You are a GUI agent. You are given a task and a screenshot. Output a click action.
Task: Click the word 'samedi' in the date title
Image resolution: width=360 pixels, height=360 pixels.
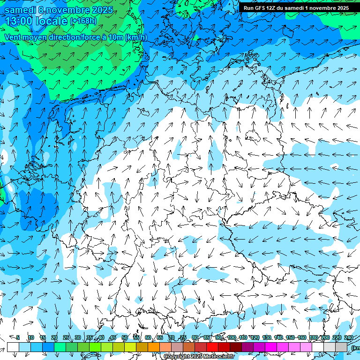pos(21,10)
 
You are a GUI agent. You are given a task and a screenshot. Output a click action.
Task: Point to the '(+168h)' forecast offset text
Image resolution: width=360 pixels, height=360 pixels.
pos(83,21)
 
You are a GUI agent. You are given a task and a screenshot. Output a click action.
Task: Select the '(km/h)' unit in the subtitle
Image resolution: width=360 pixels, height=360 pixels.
pos(136,37)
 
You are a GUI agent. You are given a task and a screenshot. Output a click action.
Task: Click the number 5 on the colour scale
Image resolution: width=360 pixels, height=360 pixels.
pos(18,338)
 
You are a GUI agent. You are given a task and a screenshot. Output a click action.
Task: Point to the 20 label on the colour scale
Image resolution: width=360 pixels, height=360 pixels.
pos(54,338)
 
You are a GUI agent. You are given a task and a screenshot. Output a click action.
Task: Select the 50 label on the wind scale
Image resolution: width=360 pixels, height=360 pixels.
pos(124,338)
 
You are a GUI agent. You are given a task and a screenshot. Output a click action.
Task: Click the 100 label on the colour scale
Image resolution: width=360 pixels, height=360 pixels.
pos(232,338)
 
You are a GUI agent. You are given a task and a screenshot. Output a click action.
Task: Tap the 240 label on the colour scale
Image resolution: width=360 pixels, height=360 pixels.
pos(349,338)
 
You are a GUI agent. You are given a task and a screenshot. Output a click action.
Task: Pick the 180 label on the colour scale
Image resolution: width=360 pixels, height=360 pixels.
pos(312,338)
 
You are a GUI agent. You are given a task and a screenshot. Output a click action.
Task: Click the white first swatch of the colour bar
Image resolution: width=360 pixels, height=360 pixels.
pos(13,347)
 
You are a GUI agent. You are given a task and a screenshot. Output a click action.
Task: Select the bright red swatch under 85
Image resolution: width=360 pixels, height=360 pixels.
pos(212,347)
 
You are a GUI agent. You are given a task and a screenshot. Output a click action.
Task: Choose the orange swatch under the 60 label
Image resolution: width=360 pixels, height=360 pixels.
pos(154,347)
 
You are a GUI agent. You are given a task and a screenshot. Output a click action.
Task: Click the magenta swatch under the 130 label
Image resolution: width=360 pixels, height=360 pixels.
pos(271,347)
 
